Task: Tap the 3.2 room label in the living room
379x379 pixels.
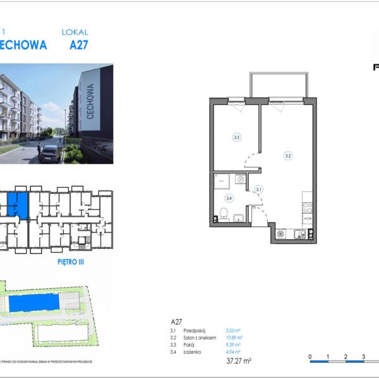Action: (x=288, y=155)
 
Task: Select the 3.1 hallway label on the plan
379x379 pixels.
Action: (x=259, y=188)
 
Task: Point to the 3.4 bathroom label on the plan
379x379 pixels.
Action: (x=229, y=198)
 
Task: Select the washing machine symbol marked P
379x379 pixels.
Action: (x=240, y=179)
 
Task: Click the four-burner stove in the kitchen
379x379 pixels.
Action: (x=308, y=207)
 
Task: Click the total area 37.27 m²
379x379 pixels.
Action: (x=238, y=361)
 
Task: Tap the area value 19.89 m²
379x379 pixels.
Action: (x=234, y=338)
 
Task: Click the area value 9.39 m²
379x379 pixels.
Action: (x=233, y=345)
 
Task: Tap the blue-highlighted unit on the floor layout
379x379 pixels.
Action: (x=18, y=204)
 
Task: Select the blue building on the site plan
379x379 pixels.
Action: (x=35, y=303)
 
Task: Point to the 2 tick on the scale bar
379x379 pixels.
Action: (x=346, y=357)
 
